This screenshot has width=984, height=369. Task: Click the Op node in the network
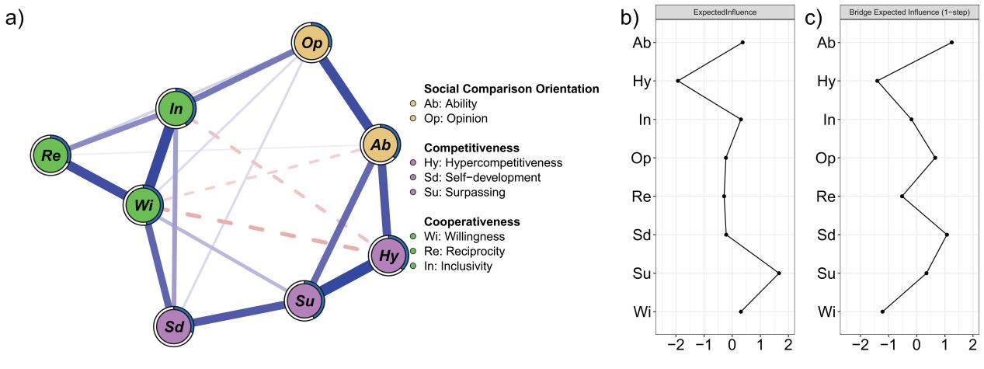[312, 44]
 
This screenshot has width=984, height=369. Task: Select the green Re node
[51, 155]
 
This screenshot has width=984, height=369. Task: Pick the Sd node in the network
[174, 326]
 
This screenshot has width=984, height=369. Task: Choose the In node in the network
[176, 108]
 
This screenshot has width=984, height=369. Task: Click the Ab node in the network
[380, 145]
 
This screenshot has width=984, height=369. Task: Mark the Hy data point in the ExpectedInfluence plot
[678, 81]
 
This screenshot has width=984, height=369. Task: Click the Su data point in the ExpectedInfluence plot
[779, 273]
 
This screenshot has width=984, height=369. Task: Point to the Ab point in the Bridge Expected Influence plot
[951, 43]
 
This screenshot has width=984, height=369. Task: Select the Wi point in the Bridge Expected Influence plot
[882, 312]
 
